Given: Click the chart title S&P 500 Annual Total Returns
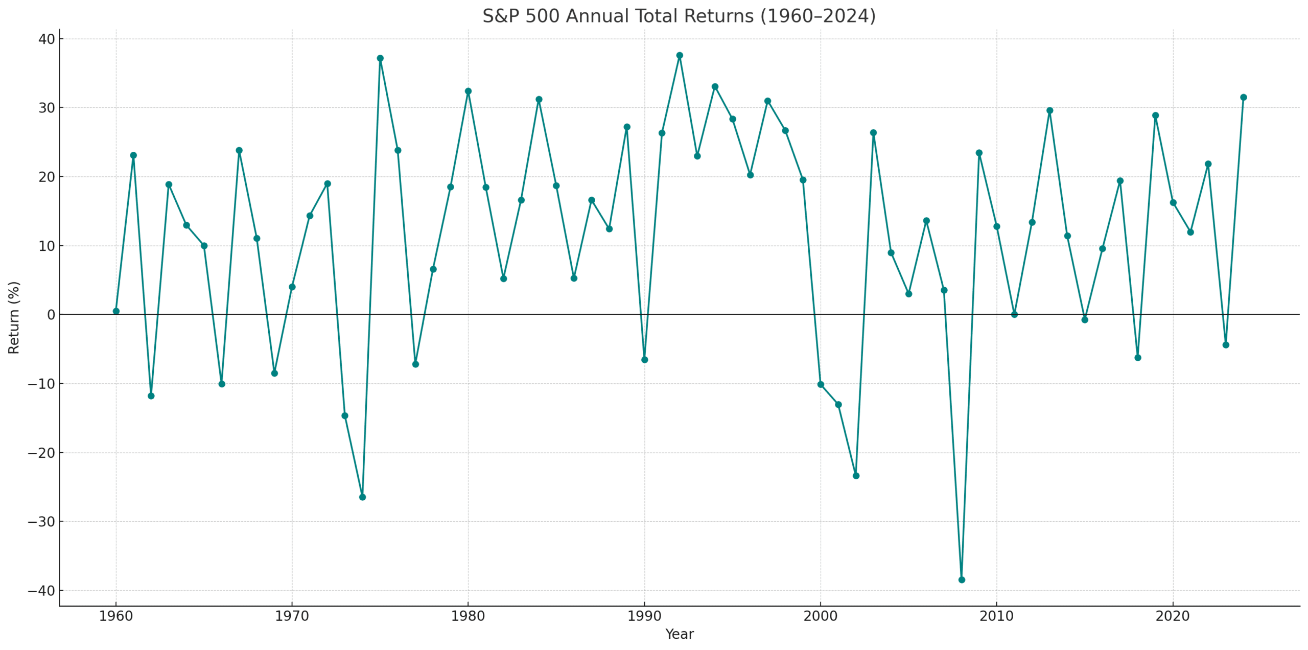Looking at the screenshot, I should (679, 16).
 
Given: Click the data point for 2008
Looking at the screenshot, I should (962, 579).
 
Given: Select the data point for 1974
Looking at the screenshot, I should (362, 497).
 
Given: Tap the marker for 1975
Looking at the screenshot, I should (380, 58).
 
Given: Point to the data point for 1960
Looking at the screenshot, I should (116, 311).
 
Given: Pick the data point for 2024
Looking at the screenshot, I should (1244, 97).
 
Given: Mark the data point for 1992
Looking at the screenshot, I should (680, 55).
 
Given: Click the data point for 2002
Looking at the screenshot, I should (856, 476).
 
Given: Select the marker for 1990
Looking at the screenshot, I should (644, 360).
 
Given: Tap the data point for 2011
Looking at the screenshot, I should (1014, 314).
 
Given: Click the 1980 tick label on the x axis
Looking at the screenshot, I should (468, 616).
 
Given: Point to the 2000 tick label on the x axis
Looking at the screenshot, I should (821, 616).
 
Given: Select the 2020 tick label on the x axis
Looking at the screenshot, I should (1173, 616).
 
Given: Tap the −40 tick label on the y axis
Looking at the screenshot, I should (41, 591).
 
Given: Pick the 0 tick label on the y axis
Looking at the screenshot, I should (51, 315).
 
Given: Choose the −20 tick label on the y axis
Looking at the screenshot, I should (41, 453).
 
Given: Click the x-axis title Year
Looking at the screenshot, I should (679, 635).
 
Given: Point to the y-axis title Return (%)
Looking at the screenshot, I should (14, 317).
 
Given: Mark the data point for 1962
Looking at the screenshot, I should (151, 396).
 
